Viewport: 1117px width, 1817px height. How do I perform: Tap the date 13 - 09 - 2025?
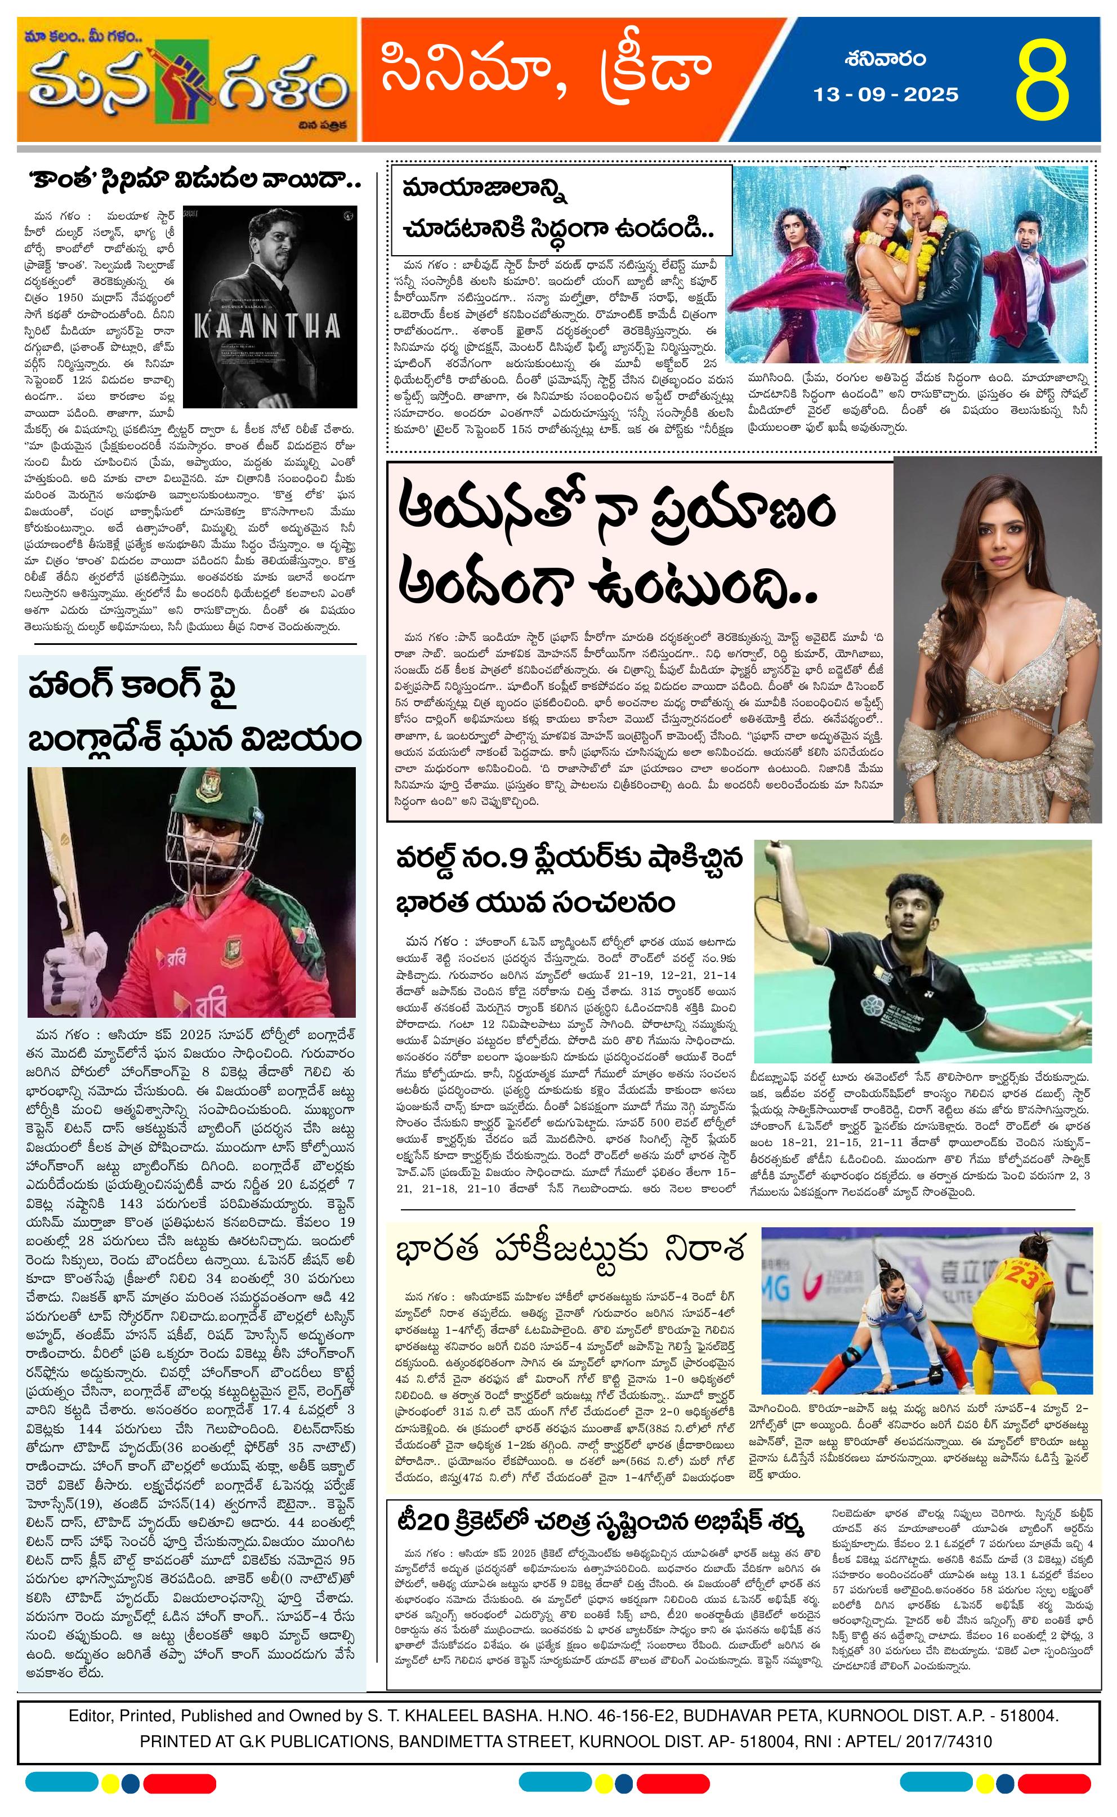tap(886, 95)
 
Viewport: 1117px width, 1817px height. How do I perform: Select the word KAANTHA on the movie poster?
tap(267, 326)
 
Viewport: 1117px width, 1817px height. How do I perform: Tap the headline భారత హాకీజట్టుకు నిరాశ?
tap(570, 1249)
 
